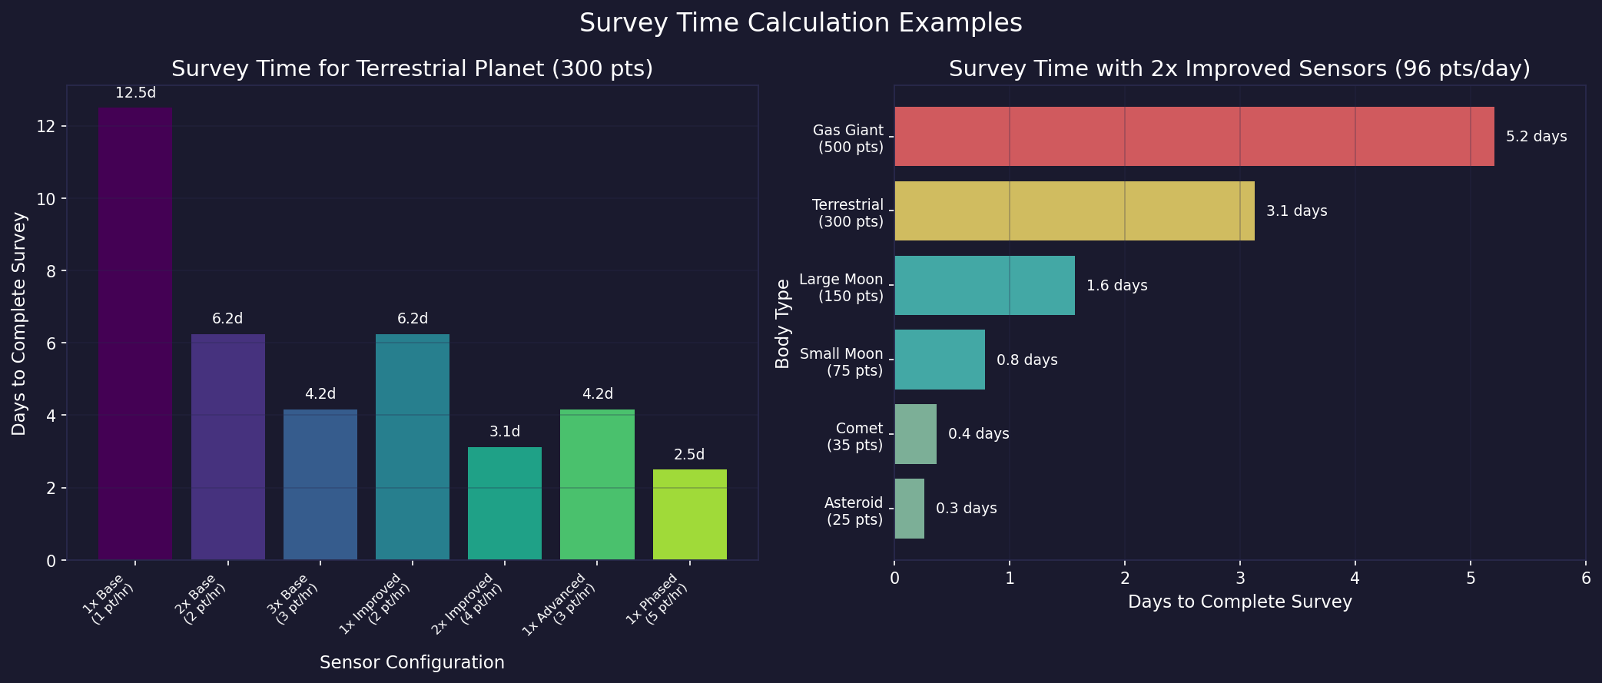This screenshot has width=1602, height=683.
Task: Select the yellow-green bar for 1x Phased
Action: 689,514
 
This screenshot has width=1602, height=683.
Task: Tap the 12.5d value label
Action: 135,93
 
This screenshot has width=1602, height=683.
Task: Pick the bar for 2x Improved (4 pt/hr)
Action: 505,503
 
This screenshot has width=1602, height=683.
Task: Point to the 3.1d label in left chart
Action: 505,432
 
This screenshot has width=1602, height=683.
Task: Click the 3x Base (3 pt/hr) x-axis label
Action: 297,600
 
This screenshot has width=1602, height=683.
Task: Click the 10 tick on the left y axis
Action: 46,199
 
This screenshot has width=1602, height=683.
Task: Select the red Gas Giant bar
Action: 1193,137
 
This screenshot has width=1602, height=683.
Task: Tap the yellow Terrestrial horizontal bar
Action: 1073,211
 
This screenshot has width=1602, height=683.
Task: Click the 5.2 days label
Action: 1536,137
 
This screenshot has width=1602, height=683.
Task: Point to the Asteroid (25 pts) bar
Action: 909,509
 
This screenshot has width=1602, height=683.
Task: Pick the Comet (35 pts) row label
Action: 854,436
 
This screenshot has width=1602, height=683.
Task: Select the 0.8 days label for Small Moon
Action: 1027,360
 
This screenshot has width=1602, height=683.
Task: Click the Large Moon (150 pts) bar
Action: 983,286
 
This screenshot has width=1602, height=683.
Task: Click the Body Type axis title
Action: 783,323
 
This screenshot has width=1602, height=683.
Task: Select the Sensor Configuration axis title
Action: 412,662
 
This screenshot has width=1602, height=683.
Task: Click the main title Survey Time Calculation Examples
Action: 801,23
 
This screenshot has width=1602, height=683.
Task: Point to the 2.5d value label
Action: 689,455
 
